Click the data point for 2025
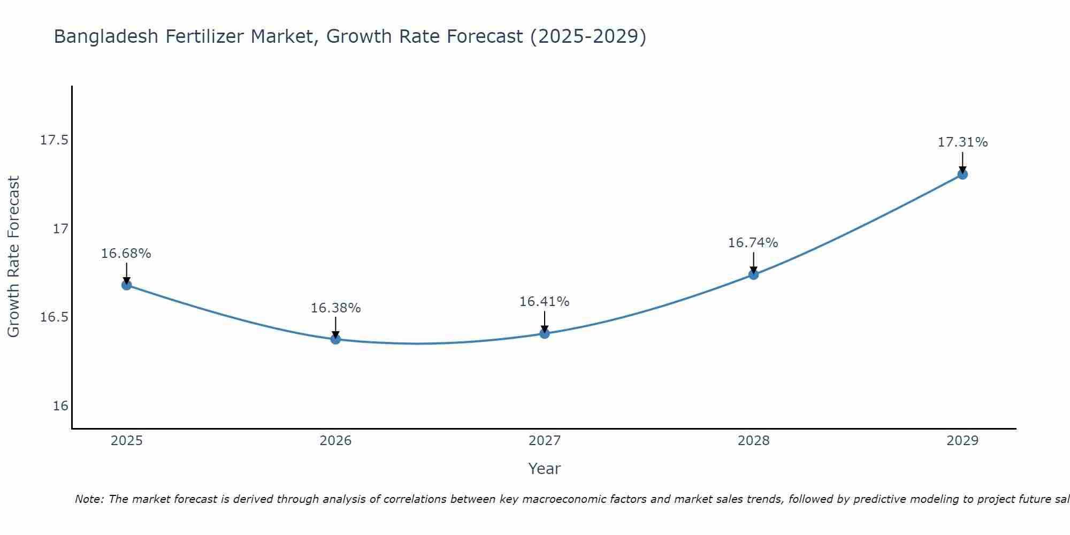(x=126, y=285)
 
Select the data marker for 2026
(x=335, y=339)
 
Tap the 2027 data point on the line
(x=545, y=333)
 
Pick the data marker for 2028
(x=753, y=275)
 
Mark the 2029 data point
(x=962, y=174)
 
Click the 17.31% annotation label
(x=962, y=142)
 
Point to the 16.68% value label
(x=126, y=254)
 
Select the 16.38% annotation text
(x=335, y=308)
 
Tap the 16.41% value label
(x=545, y=302)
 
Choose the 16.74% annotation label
(x=753, y=243)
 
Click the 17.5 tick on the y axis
(x=55, y=141)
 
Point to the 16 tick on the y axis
(x=61, y=406)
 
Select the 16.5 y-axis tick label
(x=55, y=318)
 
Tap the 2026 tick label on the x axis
(x=335, y=441)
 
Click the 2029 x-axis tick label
(x=962, y=441)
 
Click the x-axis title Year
(x=544, y=469)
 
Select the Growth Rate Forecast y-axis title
(x=13, y=257)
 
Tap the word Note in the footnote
(x=89, y=499)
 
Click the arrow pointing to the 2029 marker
(x=962, y=162)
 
